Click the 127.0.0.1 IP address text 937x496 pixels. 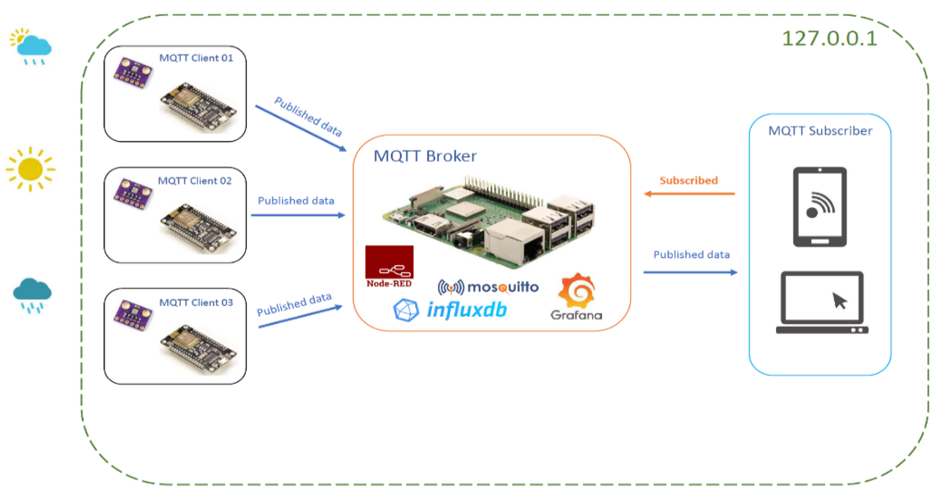click(829, 38)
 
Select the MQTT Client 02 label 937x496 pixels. click(195, 181)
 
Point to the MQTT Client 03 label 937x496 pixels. click(196, 303)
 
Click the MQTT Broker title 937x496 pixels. click(425, 156)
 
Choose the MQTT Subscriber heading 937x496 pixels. click(820, 131)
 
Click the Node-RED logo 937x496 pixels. click(389, 267)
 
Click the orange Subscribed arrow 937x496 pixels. click(689, 194)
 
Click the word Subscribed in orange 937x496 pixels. click(689, 180)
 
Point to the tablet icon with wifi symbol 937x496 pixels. click(820, 207)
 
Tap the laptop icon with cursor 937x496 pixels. click(822, 302)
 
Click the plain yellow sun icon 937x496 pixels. click(31, 169)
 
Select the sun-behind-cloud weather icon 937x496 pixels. click(31, 47)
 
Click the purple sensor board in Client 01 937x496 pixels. click(133, 72)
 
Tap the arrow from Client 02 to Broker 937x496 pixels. click(298, 215)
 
